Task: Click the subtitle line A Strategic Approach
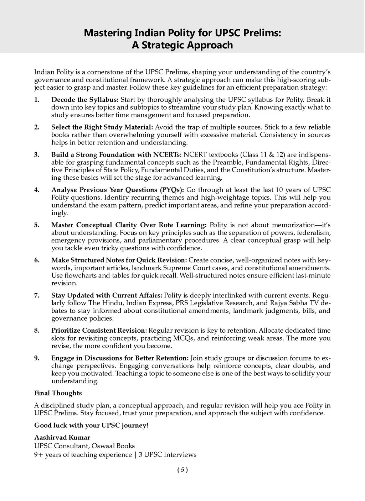(x=182, y=45)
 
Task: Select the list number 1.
(x=36, y=100)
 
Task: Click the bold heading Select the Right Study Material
(x=102, y=127)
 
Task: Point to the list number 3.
(x=36, y=155)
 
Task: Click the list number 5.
(x=36, y=225)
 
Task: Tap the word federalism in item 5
(x=316, y=233)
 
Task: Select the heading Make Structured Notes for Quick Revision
(x=119, y=260)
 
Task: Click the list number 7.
(x=36, y=295)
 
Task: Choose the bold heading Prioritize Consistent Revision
(x=99, y=331)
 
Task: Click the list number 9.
(x=36, y=358)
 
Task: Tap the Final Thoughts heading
(x=58, y=393)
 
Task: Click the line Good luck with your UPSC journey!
(x=91, y=425)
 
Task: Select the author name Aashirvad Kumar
(x=62, y=437)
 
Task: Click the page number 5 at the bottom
(x=182, y=470)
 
